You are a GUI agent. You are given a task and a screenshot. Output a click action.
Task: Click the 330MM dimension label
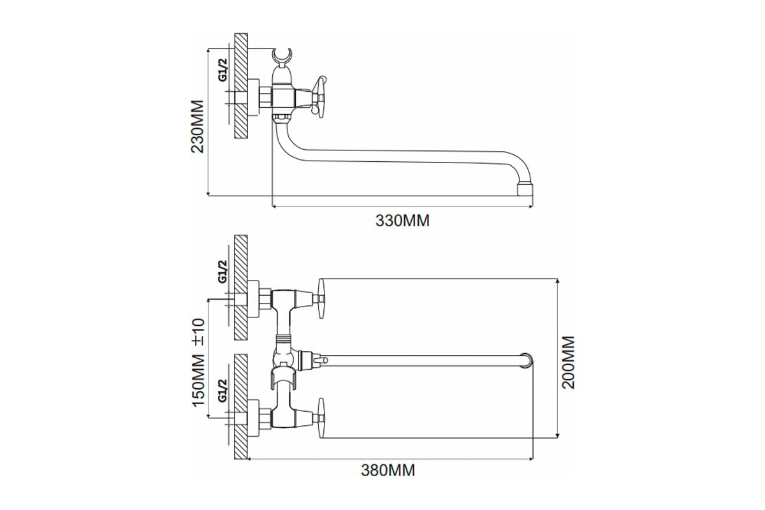(x=402, y=221)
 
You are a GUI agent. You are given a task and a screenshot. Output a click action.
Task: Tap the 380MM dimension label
(x=388, y=471)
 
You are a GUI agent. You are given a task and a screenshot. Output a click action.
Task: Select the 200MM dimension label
(x=569, y=362)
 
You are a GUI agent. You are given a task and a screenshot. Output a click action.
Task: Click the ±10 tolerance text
(x=198, y=331)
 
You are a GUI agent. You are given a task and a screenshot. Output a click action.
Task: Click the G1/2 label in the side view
(x=223, y=69)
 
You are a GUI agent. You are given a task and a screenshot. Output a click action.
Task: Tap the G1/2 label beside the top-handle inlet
(x=223, y=271)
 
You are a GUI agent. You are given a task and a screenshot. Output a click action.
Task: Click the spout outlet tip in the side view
(x=523, y=190)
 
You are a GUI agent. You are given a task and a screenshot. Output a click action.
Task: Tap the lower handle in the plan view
(x=322, y=418)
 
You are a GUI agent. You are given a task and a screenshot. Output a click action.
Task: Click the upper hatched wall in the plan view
(x=241, y=287)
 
